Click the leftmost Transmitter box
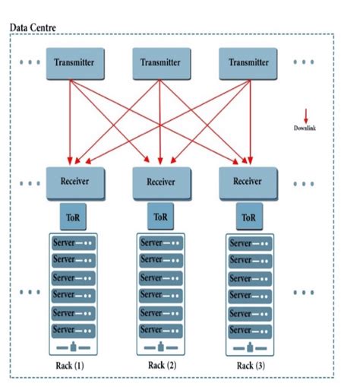coord(74,62)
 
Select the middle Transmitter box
coord(160,62)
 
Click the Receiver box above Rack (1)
coord(74,182)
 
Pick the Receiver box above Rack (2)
coord(160,182)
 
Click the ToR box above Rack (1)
coord(74,217)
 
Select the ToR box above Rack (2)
coord(160,217)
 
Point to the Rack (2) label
coord(161,366)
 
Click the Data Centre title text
coord(37,27)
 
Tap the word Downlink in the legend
coord(305,128)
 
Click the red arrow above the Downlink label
coord(305,115)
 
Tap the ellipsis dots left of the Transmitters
coord(30,61)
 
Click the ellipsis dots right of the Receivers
coord(303,183)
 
